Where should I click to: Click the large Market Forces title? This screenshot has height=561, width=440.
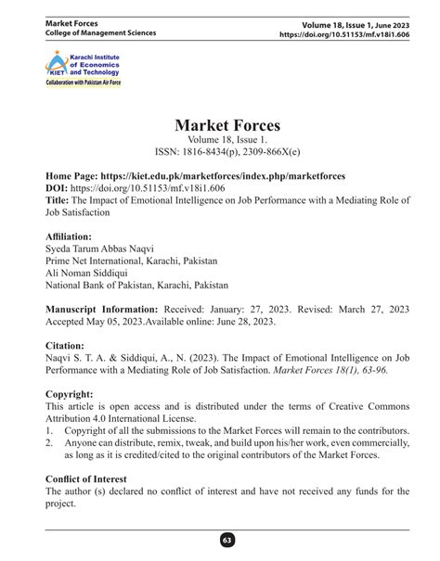point(220,126)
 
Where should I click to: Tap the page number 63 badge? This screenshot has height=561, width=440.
point(220,540)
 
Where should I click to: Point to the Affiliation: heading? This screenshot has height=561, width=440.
point(69,236)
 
